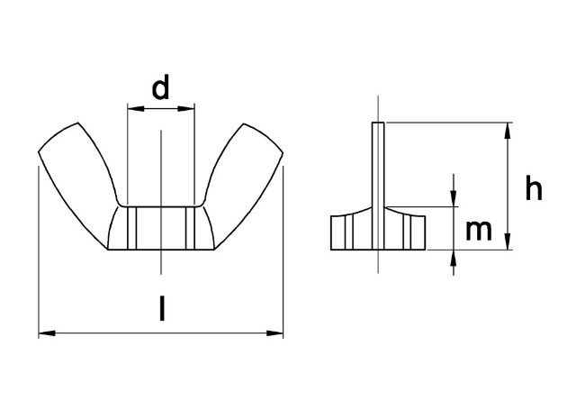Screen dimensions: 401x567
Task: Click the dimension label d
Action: tap(160, 88)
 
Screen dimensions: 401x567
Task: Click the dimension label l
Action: tap(161, 309)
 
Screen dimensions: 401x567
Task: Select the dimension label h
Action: tap(534, 189)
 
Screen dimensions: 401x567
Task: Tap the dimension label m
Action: tap(479, 231)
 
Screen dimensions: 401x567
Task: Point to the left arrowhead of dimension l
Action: tap(45, 334)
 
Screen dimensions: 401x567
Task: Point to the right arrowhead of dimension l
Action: tap(277, 334)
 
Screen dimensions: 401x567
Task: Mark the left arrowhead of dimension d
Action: tap(133, 110)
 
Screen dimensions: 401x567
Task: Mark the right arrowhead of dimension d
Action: tap(189, 110)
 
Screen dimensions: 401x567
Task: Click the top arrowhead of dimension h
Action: tap(509, 129)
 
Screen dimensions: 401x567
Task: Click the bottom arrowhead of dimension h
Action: tap(509, 243)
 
